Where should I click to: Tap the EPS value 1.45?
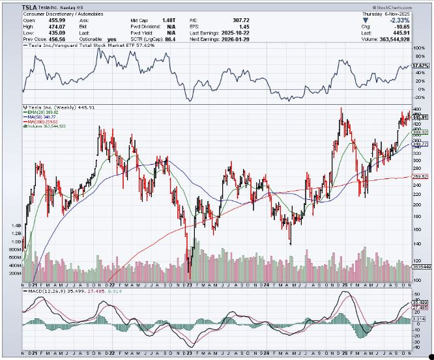pos(246,26)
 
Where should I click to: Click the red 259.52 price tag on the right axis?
pos(421,176)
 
